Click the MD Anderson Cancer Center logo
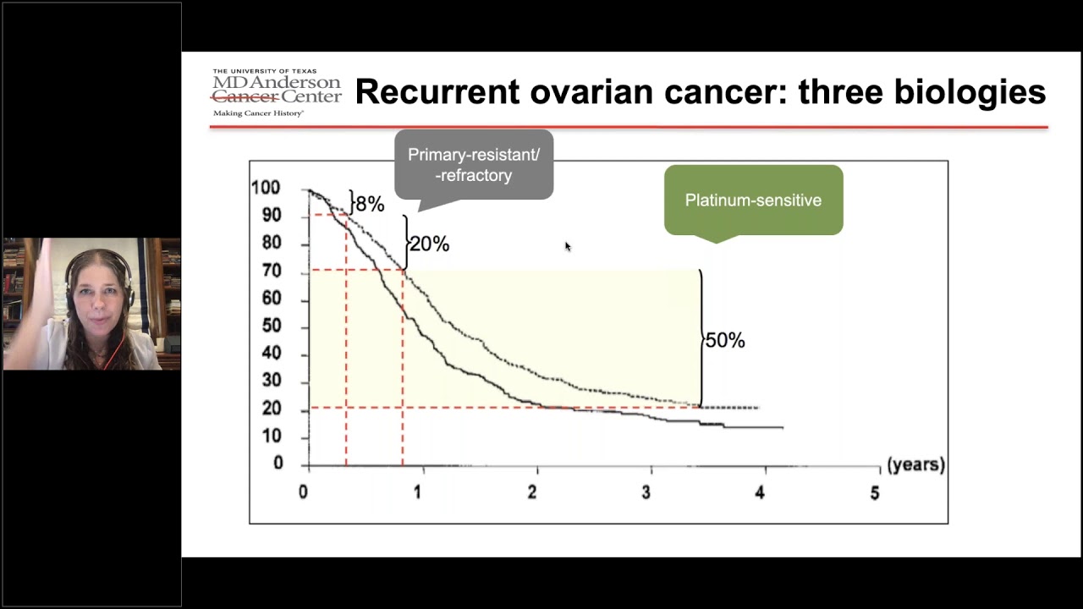click(276, 91)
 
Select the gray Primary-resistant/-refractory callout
click(473, 165)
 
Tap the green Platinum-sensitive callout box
click(753, 200)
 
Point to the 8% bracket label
click(369, 204)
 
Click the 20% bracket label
click(429, 244)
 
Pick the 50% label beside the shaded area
click(724, 340)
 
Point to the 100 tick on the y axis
click(266, 188)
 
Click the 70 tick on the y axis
click(271, 272)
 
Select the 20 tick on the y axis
click(271, 409)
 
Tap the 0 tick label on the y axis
click(277, 464)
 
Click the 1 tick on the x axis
click(417, 493)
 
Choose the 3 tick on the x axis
click(646, 493)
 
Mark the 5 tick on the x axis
click(875, 493)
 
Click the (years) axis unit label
click(915, 465)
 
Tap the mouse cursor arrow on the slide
click(568, 246)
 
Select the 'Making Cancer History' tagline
click(258, 112)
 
